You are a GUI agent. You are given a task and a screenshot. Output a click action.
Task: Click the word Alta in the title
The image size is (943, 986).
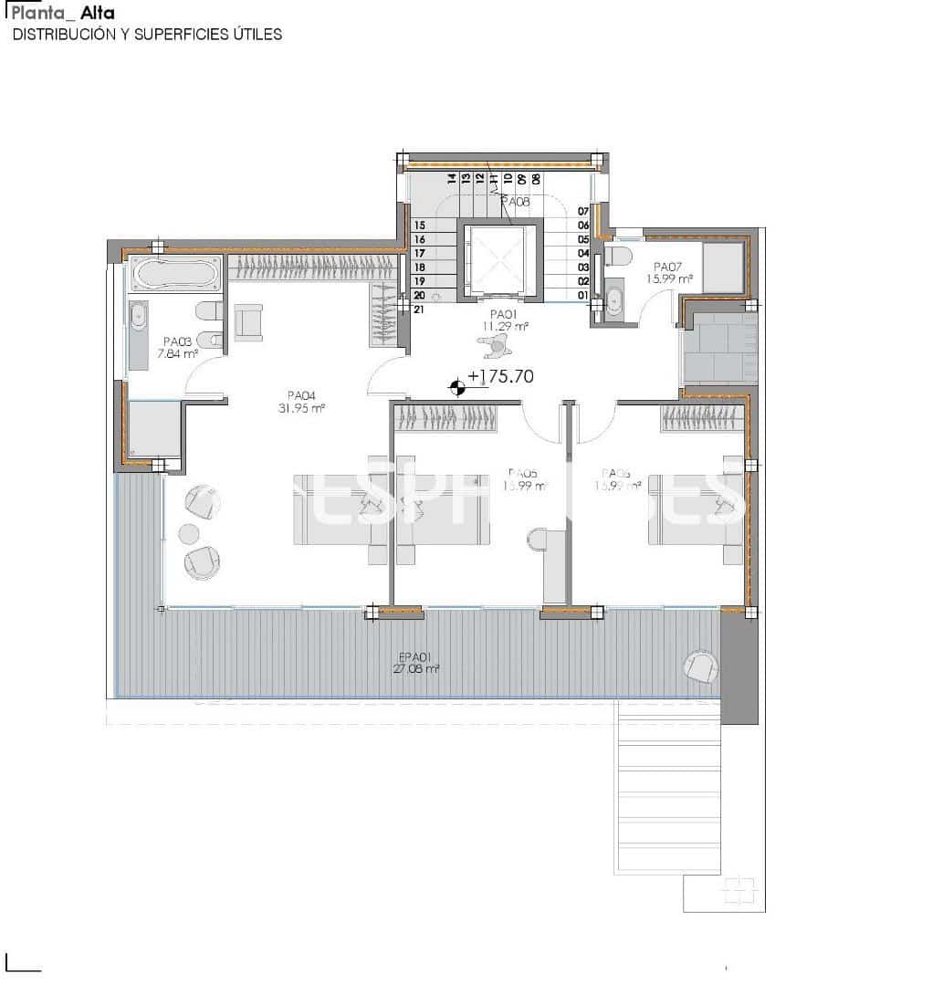click(98, 14)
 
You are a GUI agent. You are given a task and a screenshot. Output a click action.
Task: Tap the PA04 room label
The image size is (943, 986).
click(300, 396)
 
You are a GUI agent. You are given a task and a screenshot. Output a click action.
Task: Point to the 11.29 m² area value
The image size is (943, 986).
click(506, 326)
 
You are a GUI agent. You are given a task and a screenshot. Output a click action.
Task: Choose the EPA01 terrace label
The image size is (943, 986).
click(415, 656)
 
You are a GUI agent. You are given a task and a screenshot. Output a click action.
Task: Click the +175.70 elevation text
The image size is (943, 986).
click(500, 376)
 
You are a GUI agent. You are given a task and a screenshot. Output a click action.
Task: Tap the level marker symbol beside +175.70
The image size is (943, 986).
click(457, 388)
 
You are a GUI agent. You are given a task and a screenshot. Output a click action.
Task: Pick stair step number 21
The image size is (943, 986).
click(419, 309)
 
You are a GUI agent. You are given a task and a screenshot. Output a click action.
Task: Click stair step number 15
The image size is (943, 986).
click(419, 225)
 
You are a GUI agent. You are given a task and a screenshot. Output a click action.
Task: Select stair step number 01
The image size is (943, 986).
click(582, 295)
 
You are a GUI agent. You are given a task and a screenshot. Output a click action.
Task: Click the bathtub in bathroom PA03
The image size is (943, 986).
click(175, 271)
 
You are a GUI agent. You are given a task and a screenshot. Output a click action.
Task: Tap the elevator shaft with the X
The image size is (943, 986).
click(498, 260)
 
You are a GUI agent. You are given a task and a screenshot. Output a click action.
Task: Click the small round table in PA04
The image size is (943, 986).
click(189, 533)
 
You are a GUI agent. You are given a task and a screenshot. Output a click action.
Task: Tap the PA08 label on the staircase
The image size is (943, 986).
click(515, 201)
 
